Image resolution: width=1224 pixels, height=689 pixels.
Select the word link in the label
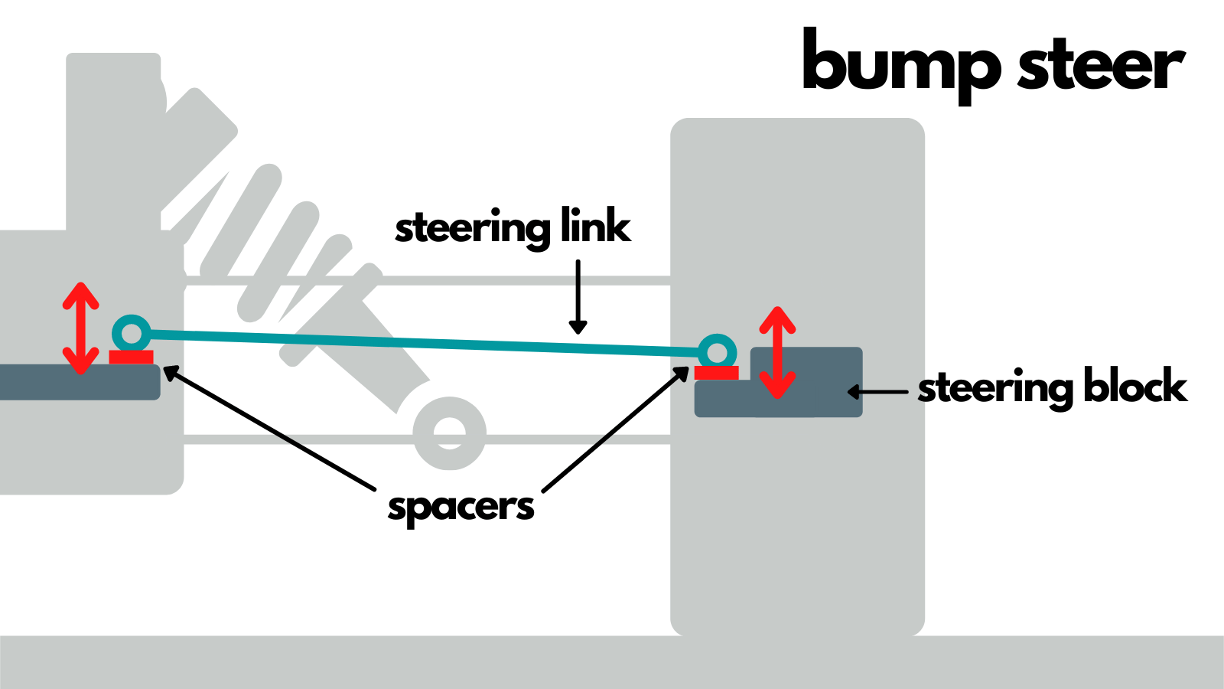[595, 225]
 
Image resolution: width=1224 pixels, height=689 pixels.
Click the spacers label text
[461, 508]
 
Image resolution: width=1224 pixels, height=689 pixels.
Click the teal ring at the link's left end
[132, 333]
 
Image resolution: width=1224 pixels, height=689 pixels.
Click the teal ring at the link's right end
[717, 353]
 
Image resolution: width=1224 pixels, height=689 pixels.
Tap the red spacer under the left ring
[131, 357]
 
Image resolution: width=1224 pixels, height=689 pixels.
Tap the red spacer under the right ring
[716, 373]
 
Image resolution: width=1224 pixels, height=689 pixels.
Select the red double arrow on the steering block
[777, 352]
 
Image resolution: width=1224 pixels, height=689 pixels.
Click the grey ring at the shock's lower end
[449, 433]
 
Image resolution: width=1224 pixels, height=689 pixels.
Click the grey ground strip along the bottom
[612, 662]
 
